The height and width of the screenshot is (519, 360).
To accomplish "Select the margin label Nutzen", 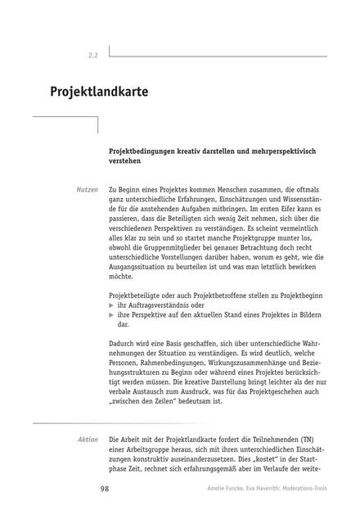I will (86, 189).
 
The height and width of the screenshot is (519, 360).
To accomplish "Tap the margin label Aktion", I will (87, 440).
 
